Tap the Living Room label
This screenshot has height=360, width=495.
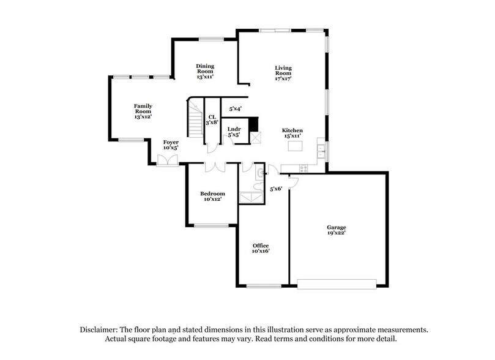pyautogui.click(x=283, y=73)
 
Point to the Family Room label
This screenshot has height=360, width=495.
pyautogui.click(x=143, y=111)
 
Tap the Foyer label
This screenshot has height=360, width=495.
pyautogui.click(x=171, y=145)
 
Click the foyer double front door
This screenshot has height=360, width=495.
pyautogui.click(x=167, y=160)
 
